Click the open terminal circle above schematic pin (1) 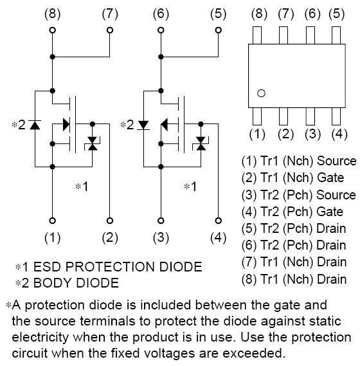pyautogui.click(x=53, y=221)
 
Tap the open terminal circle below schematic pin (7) pyautogui.click(x=110, y=30)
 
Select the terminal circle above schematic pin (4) pyautogui.click(x=218, y=221)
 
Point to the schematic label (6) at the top pyautogui.click(x=161, y=14)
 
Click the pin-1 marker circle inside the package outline pyautogui.click(x=261, y=93)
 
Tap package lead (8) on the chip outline pyautogui.click(x=257, y=35)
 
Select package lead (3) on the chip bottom pyautogui.click(x=310, y=116)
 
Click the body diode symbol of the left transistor pyautogui.click(x=35, y=125)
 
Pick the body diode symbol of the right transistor pyautogui.click(x=143, y=125)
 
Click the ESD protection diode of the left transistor pyautogui.click(x=93, y=143)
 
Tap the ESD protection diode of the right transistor pyautogui.click(x=201, y=143)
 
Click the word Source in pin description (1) pyautogui.click(x=337, y=161)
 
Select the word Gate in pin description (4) pyautogui.click(x=330, y=212)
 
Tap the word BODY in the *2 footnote pyautogui.click(x=52, y=283)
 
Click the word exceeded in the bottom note pyautogui.click(x=254, y=353)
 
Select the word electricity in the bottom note pyautogui.click(x=40, y=337)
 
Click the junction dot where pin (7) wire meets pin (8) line pyautogui.click(x=53, y=57)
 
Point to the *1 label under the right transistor pyautogui.click(x=190, y=187)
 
